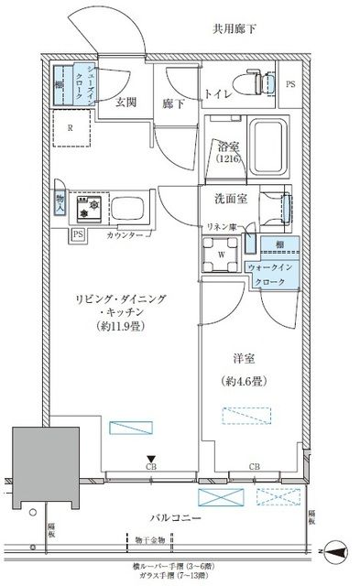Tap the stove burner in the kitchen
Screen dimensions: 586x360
[89, 209]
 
